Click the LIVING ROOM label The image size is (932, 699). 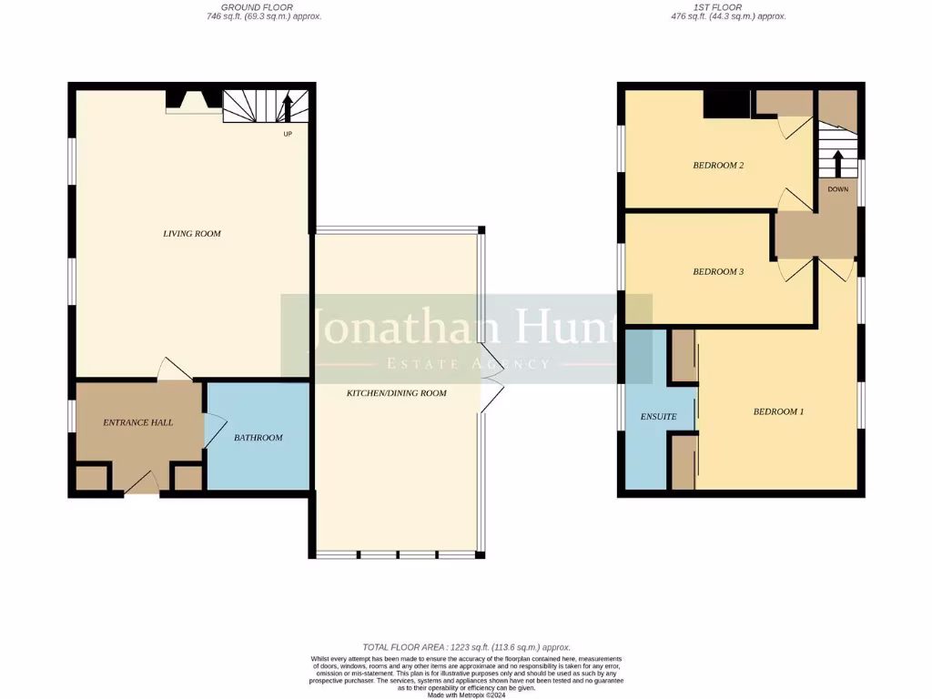192,234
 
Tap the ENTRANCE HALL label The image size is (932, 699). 138,422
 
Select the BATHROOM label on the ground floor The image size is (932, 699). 258,438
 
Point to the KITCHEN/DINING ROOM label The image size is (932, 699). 397,393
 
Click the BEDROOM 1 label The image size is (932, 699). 778,411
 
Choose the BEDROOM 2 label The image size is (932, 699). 719,166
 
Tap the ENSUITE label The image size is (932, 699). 658,417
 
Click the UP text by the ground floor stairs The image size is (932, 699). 288,134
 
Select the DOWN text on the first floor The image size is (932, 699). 837,189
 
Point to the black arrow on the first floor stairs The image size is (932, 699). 837,161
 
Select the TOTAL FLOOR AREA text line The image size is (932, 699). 466,644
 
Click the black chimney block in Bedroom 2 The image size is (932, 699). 726,105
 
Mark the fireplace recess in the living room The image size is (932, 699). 194,102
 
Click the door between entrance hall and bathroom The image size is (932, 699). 215,429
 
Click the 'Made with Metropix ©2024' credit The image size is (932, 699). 466,694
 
